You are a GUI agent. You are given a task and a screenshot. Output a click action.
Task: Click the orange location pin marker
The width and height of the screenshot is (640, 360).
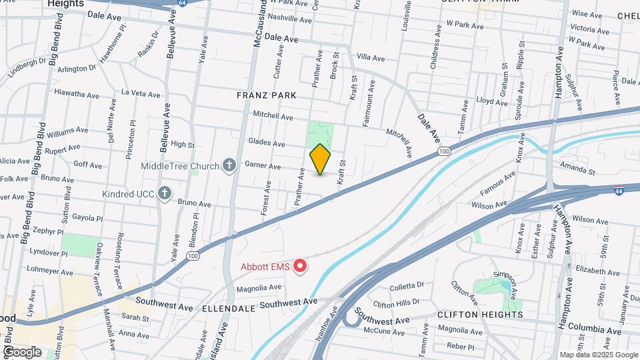321,159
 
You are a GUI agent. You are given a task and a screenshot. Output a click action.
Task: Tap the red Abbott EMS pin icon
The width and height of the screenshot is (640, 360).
300,267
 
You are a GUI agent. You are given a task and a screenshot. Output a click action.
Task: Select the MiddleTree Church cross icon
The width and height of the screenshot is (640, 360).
229,165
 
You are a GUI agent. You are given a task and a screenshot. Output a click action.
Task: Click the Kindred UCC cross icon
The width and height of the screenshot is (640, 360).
165,194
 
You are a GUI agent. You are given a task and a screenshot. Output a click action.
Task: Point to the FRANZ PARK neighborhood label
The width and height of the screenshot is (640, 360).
266,95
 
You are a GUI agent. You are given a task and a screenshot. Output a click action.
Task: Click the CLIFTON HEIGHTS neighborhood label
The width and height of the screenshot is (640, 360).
480,314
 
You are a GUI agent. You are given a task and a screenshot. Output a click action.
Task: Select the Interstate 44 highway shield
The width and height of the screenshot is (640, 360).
619,172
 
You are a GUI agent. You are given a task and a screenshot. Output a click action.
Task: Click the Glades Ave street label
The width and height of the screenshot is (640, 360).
267,143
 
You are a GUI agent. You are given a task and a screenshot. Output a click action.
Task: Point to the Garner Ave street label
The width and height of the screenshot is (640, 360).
263,165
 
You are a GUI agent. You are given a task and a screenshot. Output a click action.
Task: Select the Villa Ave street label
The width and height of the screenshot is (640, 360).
371,58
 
